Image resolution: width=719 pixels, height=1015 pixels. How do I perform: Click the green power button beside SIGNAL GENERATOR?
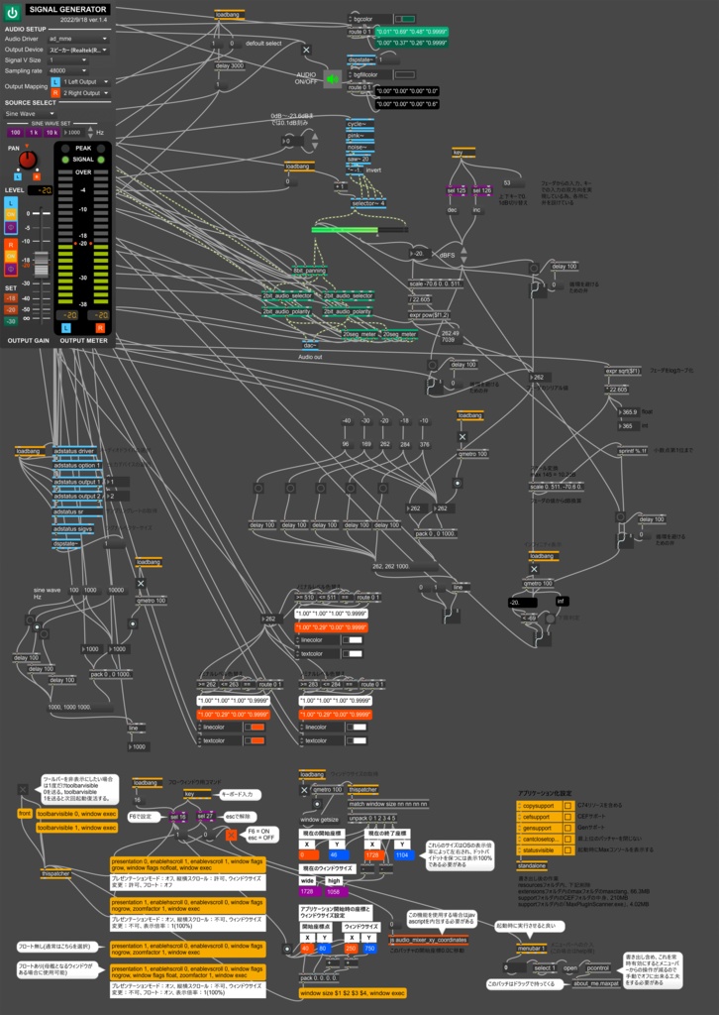pos(13,14)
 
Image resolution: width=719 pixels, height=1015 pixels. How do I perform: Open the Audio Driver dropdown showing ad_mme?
pos(78,39)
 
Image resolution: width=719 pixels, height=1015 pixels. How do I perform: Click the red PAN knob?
pos(28,160)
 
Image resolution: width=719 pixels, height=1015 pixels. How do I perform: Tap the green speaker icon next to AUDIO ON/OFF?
pos(332,81)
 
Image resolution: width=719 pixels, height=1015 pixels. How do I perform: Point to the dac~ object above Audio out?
pos(310,345)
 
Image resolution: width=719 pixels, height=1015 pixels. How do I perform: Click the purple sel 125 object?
pos(457,190)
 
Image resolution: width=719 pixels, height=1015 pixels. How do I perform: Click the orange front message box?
pos(25,813)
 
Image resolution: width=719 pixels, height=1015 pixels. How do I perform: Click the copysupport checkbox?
pos(526,805)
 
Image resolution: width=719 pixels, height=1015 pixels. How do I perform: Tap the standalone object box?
pos(532,865)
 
